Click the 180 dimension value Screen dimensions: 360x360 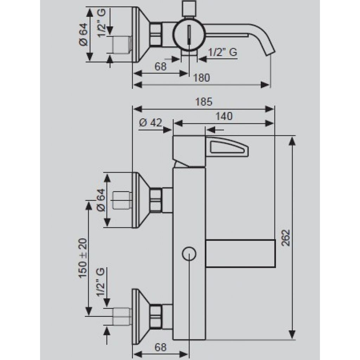click(201, 78)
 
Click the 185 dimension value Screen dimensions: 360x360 click(204, 102)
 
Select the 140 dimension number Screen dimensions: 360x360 click(224, 116)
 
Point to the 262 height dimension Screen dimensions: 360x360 click(285, 238)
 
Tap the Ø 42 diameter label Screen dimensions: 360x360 click(150, 123)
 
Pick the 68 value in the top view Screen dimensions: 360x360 click(160, 66)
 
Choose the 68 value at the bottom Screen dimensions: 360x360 click(160, 347)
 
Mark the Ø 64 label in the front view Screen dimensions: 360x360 click(101, 200)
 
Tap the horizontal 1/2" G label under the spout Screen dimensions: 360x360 click(223, 52)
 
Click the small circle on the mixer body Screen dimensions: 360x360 click(189, 254)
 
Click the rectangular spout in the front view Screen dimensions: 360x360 click(240, 253)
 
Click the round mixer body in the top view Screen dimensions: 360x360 click(189, 34)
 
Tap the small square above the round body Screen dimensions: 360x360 click(189, 8)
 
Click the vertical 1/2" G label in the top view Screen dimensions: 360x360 click(101, 23)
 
